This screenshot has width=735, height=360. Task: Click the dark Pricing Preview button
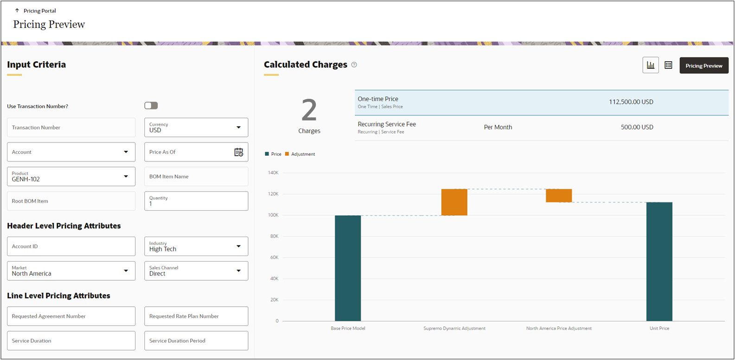[703, 65]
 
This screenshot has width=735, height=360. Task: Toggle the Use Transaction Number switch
[151, 106]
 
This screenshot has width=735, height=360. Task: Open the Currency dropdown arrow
[238, 128]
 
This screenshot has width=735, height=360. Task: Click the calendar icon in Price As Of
[238, 152]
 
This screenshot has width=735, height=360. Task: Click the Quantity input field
[196, 201]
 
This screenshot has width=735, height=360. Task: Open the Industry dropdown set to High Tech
[196, 246]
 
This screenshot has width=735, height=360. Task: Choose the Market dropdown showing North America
[71, 271]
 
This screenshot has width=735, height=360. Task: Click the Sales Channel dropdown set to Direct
[196, 271]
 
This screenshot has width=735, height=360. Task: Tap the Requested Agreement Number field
[71, 316]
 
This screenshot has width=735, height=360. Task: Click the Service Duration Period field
[196, 341]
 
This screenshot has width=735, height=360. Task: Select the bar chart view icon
[650, 65]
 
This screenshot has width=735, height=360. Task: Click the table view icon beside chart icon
[668, 65]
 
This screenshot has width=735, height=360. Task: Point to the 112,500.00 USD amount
[631, 102]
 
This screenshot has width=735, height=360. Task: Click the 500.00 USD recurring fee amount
[637, 127]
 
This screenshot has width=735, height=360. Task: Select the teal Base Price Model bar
[348, 268]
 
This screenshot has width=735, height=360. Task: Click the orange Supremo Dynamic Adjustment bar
[454, 202]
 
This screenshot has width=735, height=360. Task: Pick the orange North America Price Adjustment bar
[558, 196]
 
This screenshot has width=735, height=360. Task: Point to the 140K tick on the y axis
[273, 173]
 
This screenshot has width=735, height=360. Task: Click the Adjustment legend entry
[302, 154]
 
